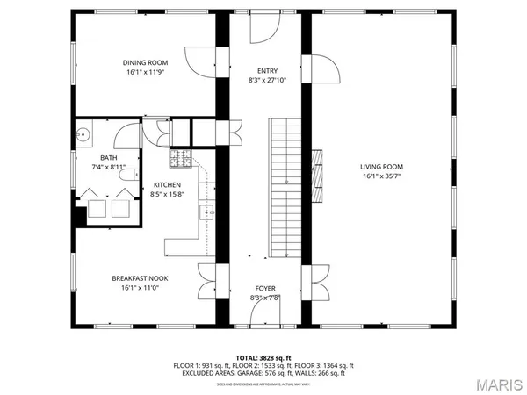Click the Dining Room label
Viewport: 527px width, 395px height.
(x=145, y=62)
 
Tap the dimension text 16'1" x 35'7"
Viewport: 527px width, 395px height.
(x=380, y=176)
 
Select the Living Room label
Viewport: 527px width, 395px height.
(x=380, y=166)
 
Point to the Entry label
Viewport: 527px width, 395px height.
(x=268, y=71)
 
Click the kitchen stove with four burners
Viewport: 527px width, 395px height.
(x=181, y=159)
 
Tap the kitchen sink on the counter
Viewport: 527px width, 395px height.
(x=208, y=212)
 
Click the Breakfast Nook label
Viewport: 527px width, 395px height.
(x=140, y=278)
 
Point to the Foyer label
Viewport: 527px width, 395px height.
(x=265, y=288)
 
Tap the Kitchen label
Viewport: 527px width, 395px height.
(x=167, y=184)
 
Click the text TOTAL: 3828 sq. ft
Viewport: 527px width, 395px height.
(x=264, y=357)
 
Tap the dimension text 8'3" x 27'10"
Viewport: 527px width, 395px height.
(x=268, y=81)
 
